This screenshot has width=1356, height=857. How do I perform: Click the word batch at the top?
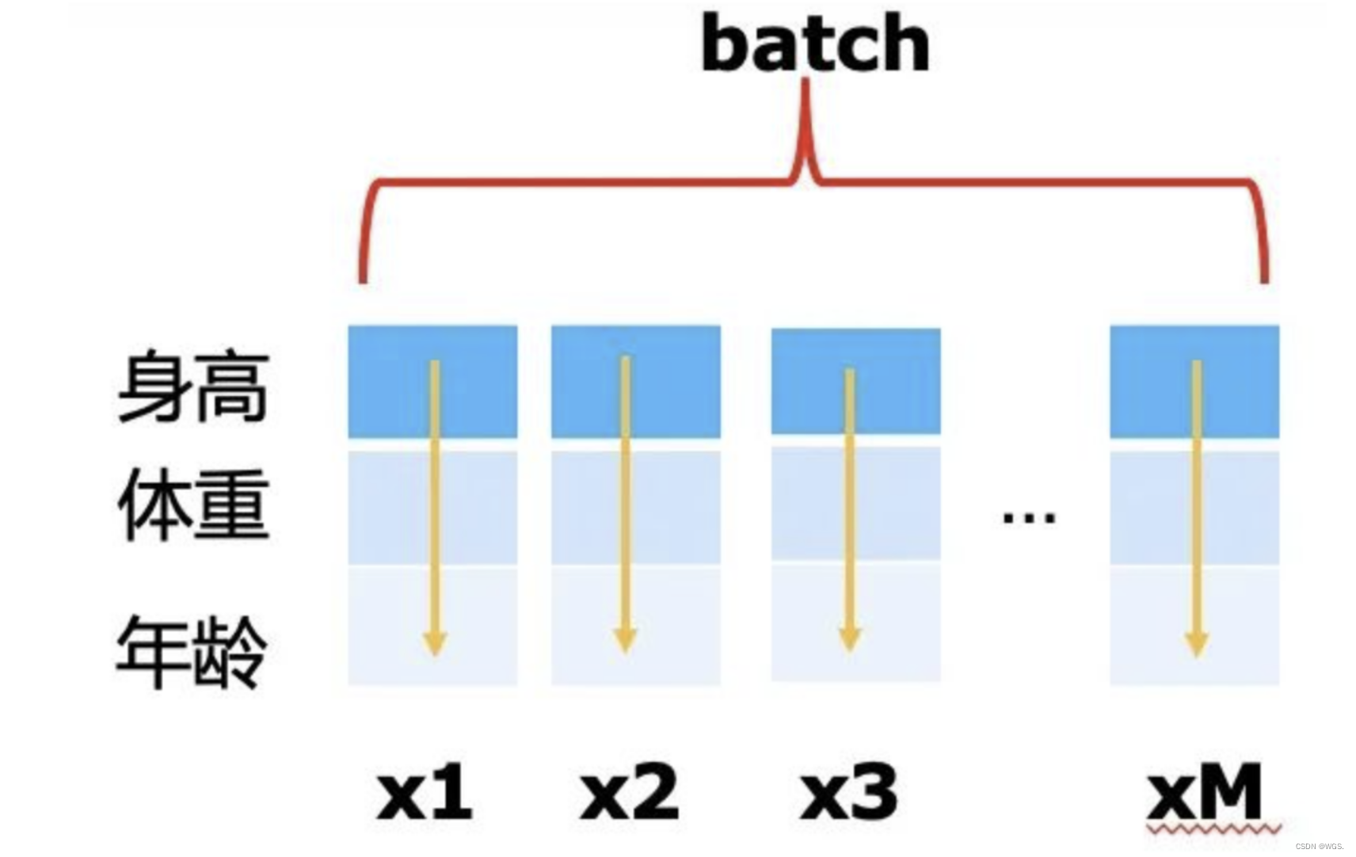(815, 44)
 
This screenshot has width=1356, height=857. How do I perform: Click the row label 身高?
(193, 388)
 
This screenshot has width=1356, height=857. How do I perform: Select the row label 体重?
(193, 505)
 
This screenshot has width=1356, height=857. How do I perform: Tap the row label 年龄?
(192, 651)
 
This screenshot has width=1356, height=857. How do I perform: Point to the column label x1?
(425, 792)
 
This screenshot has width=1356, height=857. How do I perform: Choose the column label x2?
(630, 792)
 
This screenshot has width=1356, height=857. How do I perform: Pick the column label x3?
(849, 792)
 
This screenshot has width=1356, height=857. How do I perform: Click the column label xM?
(1205, 792)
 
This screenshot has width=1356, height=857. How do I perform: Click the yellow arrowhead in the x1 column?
(434, 642)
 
